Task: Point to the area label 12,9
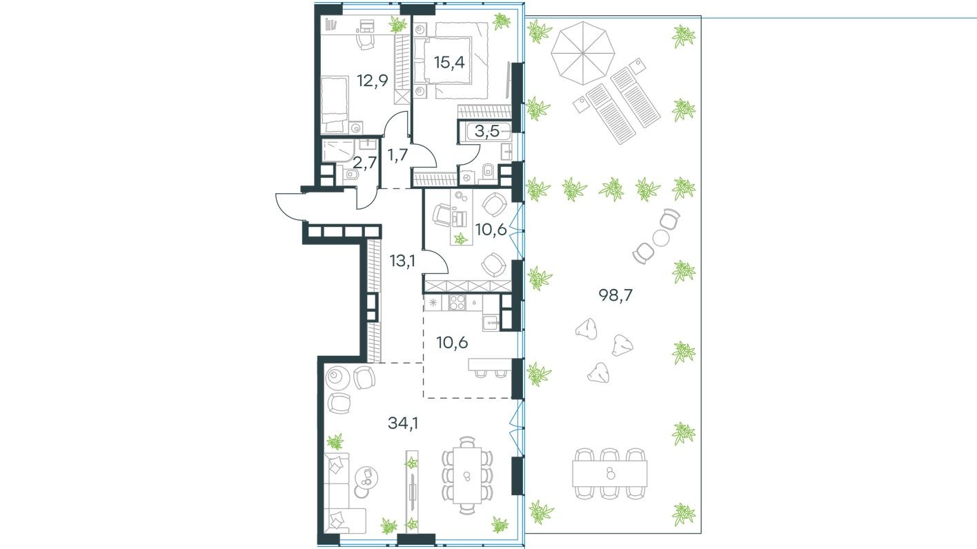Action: pos(373,80)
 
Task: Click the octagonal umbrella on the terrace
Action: pos(581,52)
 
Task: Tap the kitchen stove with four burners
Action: pos(457,302)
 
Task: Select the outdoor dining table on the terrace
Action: pos(609,473)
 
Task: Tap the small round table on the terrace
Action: pos(661,238)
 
